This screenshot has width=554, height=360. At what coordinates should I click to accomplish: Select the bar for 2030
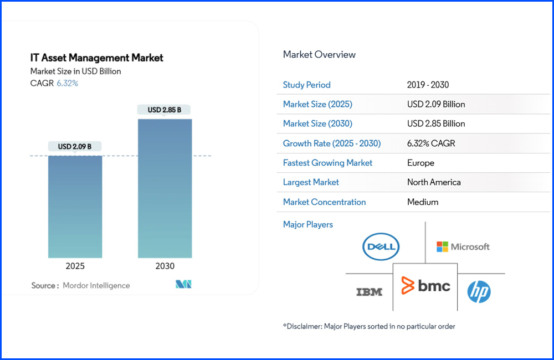pyautogui.click(x=165, y=188)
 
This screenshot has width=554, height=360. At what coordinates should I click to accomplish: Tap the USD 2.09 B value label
pyautogui.click(x=75, y=147)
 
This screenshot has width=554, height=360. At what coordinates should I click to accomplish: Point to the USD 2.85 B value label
pyautogui.click(x=165, y=110)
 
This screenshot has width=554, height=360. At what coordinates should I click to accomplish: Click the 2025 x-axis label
pyautogui.click(x=75, y=266)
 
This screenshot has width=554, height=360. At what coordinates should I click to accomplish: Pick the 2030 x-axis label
pyautogui.click(x=165, y=266)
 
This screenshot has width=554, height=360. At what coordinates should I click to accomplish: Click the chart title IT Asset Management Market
pyautogui.click(x=97, y=58)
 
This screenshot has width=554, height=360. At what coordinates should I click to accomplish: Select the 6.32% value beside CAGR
pyautogui.click(x=68, y=84)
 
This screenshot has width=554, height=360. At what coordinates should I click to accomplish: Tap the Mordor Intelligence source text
pyautogui.click(x=96, y=286)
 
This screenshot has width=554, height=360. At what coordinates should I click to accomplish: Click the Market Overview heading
pyautogui.click(x=319, y=54)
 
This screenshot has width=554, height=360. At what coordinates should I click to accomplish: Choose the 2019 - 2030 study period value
pyautogui.click(x=428, y=85)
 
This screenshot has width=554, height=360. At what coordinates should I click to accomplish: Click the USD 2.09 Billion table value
pyautogui.click(x=436, y=104)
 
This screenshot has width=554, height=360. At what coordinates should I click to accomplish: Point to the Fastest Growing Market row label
pyautogui.click(x=327, y=163)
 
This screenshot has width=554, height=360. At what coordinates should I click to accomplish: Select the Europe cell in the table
pyautogui.click(x=420, y=163)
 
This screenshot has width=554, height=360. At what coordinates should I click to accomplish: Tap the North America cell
pyautogui.click(x=434, y=182)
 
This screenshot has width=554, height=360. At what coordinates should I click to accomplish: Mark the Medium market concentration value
pyautogui.click(x=423, y=202)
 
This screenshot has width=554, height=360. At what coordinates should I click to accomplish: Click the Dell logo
pyautogui.click(x=381, y=247)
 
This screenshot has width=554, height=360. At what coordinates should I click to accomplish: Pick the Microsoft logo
pyautogui.click(x=463, y=246)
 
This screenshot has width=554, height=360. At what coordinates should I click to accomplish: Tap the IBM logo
pyautogui.click(x=369, y=291)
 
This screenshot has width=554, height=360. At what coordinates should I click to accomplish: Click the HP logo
pyautogui.click(x=479, y=291)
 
